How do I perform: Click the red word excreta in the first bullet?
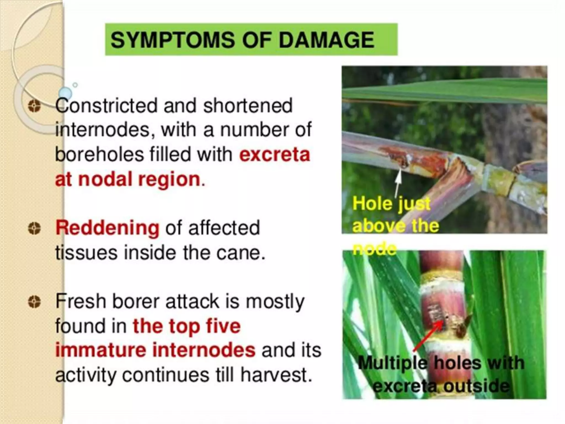274,155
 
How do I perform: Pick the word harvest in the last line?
276,375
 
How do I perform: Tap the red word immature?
101,350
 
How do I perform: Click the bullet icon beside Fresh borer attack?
34,302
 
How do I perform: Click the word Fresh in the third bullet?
81,301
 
